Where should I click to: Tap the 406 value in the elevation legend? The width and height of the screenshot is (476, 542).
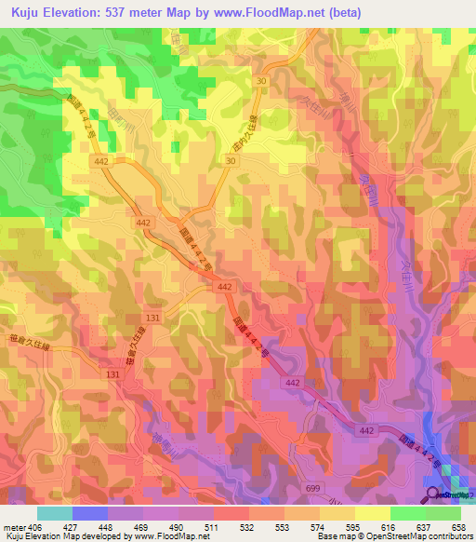pyautogui.click(x=34, y=526)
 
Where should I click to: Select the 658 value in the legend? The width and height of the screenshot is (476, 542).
pyautogui.click(x=458, y=526)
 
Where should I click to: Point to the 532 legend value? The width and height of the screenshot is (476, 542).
pyautogui.click(x=246, y=526)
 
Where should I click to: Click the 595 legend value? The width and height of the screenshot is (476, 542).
pyautogui.click(x=352, y=526)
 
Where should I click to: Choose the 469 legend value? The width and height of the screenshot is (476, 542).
pyautogui.click(x=140, y=526)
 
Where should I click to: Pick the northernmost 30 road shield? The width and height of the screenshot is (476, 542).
pyautogui.click(x=263, y=81)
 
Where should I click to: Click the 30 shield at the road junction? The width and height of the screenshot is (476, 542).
pyautogui.click(x=229, y=161)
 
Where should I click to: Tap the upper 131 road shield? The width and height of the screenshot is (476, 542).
pyautogui.click(x=152, y=318)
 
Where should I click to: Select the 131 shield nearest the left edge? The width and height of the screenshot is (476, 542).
pyautogui.click(x=112, y=373)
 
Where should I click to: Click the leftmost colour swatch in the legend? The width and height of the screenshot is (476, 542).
pyautogui.click(x=54, y=513)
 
